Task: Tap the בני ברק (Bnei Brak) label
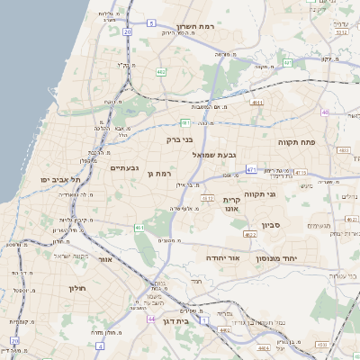[180, 139]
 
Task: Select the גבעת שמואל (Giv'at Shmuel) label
[212, 154]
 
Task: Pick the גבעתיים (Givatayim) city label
[124, 167]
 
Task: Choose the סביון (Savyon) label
[272, 225]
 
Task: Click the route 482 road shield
[160, 71]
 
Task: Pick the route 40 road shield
[325, 112]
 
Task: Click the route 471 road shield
[251, 168]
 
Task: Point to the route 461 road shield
[139, 228]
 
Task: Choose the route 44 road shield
[151, 319]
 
